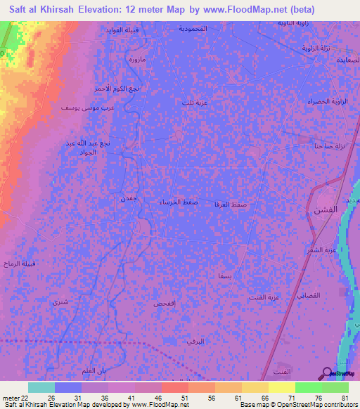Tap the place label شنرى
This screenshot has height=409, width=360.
pos(60,301)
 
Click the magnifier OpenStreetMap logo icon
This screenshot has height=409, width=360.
pos(327,373)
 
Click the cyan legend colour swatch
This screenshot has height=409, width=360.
pos(41,387)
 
